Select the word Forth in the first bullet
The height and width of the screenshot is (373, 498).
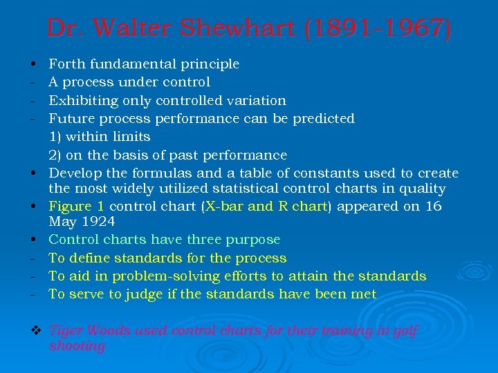point(66,64)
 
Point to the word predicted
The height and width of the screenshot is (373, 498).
point(324,119)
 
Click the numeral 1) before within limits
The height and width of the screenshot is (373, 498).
point(55,137)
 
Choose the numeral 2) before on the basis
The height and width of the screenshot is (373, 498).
point(55,155)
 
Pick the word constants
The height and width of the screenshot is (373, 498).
point(333,173)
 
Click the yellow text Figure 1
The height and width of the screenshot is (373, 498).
point(77,207)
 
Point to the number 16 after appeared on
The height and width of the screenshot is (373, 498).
point(434,207)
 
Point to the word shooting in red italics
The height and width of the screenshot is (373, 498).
point(77,346)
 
